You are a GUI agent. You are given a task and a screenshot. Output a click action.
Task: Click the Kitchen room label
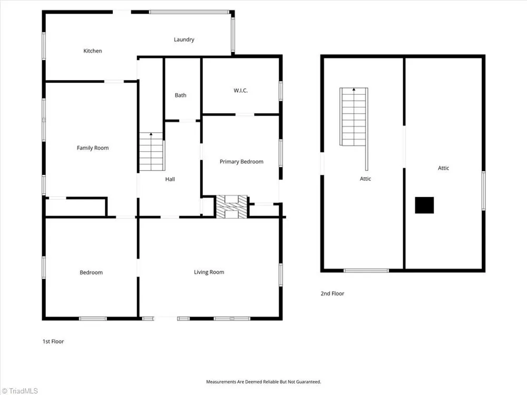coord(92,51)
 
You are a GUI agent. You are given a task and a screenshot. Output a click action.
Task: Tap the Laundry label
coord(184,39)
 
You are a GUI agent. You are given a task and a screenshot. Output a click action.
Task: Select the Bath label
coord(180,95)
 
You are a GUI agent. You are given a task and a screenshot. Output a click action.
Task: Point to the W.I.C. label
coord(241,91)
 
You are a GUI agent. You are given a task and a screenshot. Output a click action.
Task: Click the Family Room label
coord(93,148)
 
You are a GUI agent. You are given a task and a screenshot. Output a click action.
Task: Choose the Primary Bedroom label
coord(241,162)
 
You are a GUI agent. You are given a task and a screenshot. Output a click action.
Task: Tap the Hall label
coord(170,179)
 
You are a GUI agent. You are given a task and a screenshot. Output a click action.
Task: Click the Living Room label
coord(209,272)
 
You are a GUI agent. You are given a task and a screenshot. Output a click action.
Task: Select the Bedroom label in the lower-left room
coord(91,272)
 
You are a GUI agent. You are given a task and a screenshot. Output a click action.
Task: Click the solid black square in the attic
coord(424,205)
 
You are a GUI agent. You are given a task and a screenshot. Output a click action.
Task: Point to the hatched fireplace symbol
coord(231,207)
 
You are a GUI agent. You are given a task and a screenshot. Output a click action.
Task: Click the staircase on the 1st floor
coord(152,152)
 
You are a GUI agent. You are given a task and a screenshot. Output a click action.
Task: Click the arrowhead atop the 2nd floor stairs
coord(354,90)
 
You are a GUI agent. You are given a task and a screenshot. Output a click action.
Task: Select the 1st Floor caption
coord(53,341)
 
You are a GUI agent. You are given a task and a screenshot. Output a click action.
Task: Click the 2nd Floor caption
coord(333,293)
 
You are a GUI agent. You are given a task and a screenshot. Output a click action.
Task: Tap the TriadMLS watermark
coord(20,391)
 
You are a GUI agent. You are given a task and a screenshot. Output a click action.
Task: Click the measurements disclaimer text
coord(263,382)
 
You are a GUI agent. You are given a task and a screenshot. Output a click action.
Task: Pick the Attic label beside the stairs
coord(365,179)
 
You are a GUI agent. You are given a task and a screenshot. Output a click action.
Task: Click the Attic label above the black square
coord(443,168)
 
